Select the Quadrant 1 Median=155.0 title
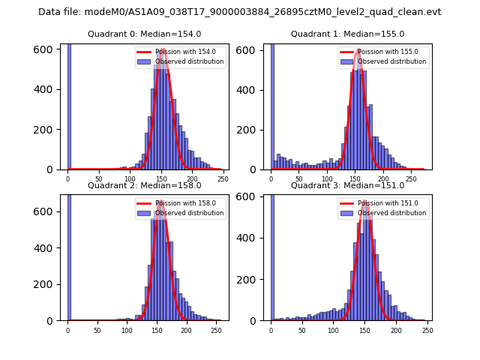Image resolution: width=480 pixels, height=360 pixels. [347, 34]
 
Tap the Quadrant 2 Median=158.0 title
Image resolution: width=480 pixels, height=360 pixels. [144, 185]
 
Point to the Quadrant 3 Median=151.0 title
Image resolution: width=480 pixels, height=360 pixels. [347, 185]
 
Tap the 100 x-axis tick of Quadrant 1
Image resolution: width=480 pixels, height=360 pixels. [327, 178]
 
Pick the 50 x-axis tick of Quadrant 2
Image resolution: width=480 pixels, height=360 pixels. [97, 330]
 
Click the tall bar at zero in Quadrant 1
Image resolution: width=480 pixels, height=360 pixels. [272, 105]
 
